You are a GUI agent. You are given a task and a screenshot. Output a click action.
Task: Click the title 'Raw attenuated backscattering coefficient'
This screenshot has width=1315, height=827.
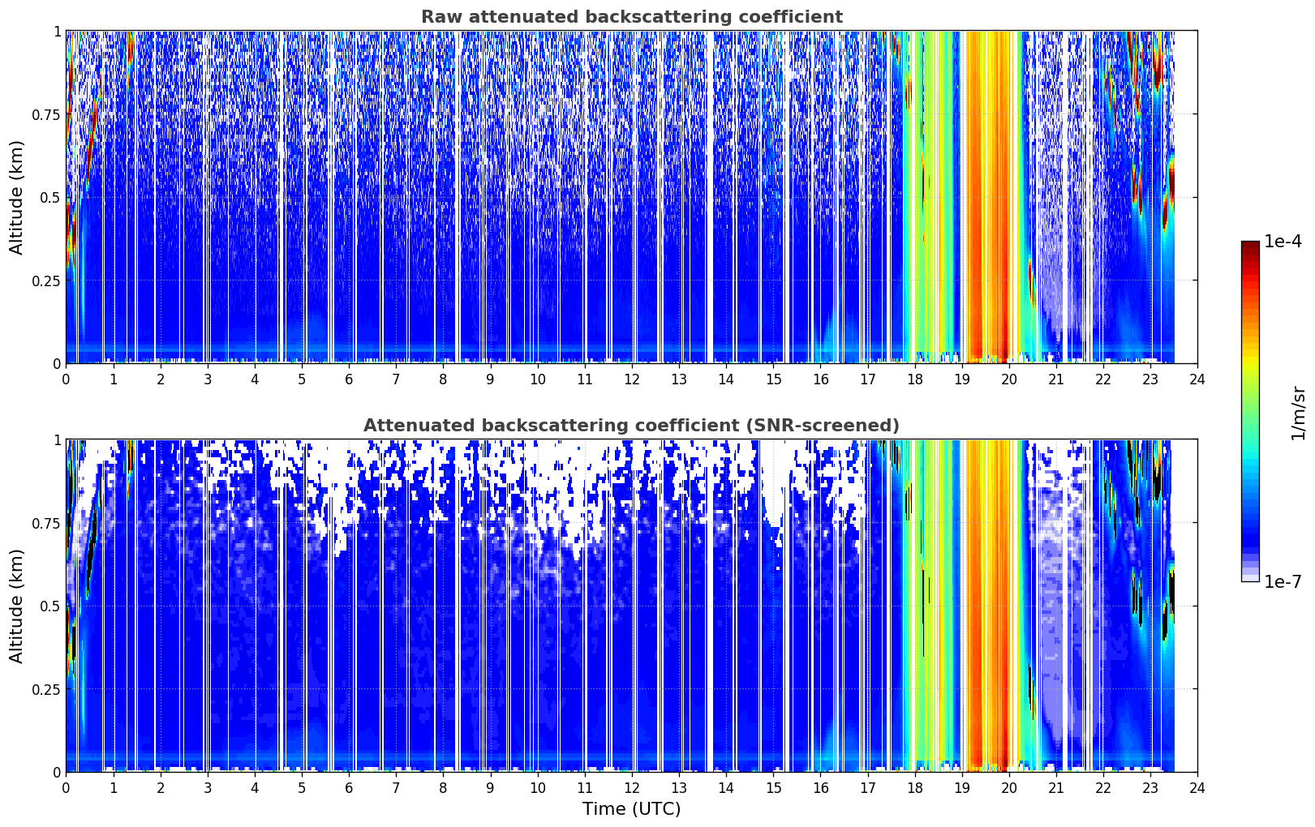tap(632, 17)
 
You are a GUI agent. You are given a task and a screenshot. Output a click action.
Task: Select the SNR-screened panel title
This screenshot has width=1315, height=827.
tap(632, 425)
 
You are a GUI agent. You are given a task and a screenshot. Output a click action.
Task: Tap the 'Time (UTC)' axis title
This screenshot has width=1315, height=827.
tap(632, 809)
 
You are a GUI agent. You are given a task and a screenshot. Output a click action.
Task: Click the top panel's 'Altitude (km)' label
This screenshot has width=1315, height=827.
tap(16, 197)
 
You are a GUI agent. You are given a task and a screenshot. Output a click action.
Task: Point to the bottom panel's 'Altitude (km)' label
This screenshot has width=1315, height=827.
tap(16, 606)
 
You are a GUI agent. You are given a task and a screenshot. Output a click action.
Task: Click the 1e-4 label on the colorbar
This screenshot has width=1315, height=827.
tap(1283, 241)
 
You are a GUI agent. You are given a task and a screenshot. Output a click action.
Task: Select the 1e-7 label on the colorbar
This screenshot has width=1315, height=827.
tap(1283, 582)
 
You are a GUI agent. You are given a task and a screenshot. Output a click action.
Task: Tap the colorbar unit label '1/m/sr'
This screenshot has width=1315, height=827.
tap(1298, 413)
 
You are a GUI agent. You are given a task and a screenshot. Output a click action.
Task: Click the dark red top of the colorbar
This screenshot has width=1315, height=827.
tap(1250, 244)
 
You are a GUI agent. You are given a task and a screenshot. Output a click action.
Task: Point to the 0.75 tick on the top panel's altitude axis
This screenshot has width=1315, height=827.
tap(46, 114)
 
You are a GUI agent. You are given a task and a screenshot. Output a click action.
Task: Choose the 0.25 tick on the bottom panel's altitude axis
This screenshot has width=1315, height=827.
tap(46, 689)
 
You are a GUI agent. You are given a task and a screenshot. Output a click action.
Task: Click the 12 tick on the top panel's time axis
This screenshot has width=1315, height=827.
tap(632, 379)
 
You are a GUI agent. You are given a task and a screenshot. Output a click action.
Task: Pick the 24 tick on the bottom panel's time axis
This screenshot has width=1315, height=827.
tap(1197, 788)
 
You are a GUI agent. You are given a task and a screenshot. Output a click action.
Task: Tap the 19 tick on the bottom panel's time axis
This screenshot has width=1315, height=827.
tap(961, 788)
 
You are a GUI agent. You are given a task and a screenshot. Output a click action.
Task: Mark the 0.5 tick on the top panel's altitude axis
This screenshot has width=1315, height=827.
tap(50, 198)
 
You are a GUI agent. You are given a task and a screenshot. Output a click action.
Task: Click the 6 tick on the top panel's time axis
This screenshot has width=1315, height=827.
tap(349, 379)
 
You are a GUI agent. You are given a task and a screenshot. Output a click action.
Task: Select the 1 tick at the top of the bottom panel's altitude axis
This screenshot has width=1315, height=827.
tap(57, 440)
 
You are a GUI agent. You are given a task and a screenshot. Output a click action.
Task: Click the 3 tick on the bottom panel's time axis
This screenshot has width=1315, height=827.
tap(207, 788)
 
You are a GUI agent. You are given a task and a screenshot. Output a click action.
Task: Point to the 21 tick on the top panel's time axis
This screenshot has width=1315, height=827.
tap(1056, 379)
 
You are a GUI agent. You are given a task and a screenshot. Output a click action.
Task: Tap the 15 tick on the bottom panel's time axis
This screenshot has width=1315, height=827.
tap(773, 788)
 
